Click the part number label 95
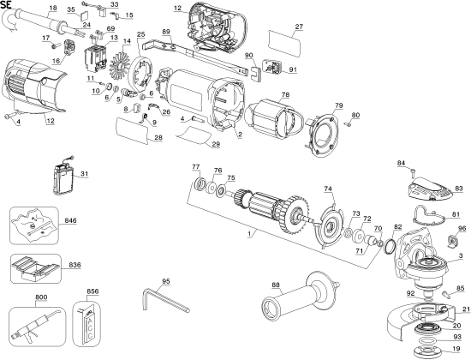tap(166, 281)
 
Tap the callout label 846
tap(70, 221)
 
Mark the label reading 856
tap(92, 291)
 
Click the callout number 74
tap(328, 189)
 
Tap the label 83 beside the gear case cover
tap(459, 187)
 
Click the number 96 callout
tap(462, 228)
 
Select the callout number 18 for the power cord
tap(52, 7)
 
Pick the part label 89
tap(166, 31)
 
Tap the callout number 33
tap(115, 4)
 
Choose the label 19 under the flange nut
tap(456, 350)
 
